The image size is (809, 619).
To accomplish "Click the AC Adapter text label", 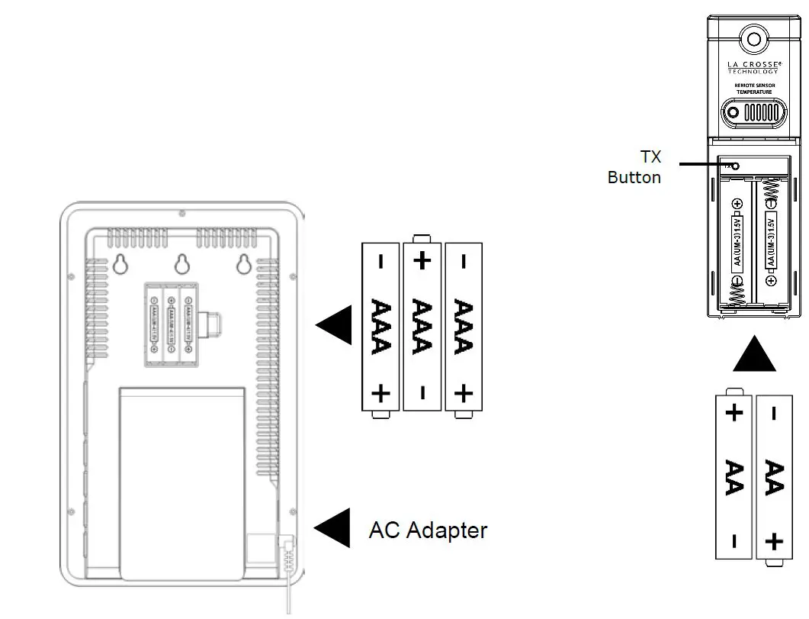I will coord(428,530).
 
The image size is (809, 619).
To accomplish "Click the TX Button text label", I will coord(634,167).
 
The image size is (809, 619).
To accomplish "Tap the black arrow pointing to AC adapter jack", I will coord(333,528).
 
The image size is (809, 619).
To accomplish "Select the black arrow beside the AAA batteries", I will coord(335,327).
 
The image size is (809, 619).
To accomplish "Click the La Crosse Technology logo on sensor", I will coord(753,67).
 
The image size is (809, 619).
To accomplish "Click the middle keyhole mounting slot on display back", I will coord(181,264).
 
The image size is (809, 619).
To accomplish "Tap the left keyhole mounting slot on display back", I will coord(120,264).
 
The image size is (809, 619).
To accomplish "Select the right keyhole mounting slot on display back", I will coord(243,264).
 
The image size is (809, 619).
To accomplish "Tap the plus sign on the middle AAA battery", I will coord(422,260).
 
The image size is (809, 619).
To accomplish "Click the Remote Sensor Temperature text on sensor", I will coord(753,89).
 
